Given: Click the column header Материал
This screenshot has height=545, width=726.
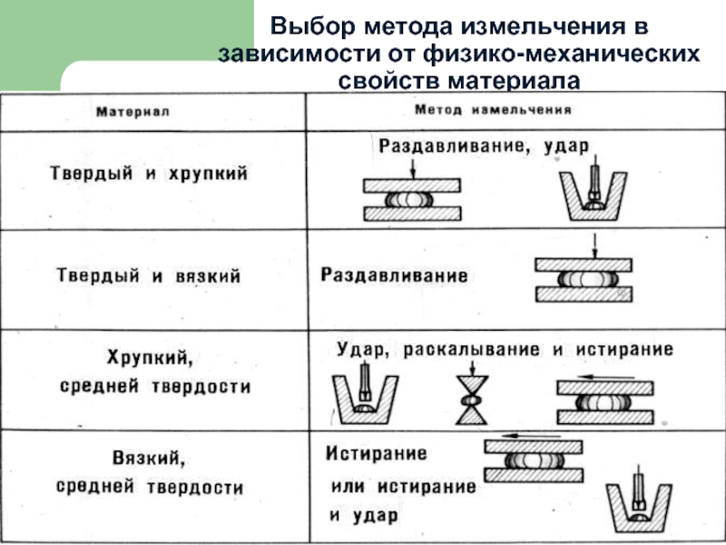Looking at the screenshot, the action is (x=132, y=112).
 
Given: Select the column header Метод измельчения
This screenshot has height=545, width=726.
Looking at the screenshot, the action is (x=493, y=110).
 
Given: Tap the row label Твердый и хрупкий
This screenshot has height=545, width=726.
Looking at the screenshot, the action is (x=149, y=173).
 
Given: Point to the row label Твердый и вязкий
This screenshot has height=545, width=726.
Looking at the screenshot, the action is (x=149, y=276).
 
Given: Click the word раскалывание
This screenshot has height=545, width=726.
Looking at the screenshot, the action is (x=471, y=350).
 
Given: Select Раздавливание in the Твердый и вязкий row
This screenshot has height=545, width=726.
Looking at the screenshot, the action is (x=394, y=275).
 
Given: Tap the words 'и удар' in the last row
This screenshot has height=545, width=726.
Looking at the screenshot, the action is (x=364, y=515).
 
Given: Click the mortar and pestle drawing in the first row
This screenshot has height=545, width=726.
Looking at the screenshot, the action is (x=594, y=190).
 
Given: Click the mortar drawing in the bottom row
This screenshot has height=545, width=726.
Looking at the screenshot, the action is (x=639, y=500).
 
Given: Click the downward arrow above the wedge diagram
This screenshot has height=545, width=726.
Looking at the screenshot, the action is (x=472, y=369).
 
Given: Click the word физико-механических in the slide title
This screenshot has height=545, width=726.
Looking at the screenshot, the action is (x=561, y=54).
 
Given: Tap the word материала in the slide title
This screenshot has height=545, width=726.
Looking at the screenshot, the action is (x=514, y=81).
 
